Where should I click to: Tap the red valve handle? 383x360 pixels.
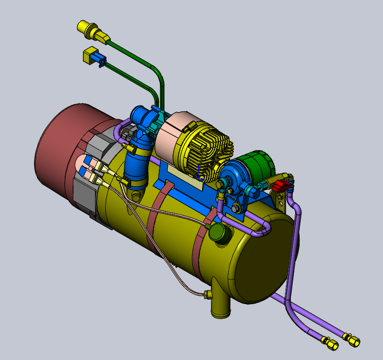point(280,186)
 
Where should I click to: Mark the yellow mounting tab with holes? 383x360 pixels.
point(281,199)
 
